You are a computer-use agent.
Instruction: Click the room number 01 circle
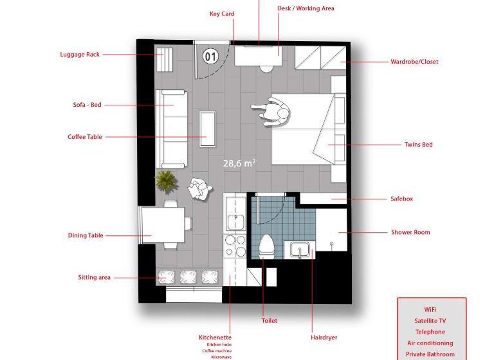pos(210,57)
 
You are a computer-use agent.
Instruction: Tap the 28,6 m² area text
pos(239,163)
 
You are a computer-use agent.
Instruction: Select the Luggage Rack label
pos(80,54)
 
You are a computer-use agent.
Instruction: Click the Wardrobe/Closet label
pos(414,62)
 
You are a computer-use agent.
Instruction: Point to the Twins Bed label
pos(418,145)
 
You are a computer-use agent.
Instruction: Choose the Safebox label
pos(401,199)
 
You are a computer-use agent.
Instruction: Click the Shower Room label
pos(410,232)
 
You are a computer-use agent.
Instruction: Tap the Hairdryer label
pos(324,337)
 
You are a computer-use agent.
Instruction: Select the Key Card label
pos(222,14)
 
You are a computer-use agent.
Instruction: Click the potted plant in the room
pos(166,181)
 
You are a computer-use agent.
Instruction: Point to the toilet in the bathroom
pos(266,246)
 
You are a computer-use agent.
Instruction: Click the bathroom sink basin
pos(300,250)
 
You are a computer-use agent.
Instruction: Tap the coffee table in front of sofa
pos(207,129)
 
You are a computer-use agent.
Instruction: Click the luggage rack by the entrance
pos(165,60)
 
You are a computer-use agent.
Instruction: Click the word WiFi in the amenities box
pos(430,310)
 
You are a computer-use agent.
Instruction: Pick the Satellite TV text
pos(430,321)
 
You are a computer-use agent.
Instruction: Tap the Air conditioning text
pos(430,343)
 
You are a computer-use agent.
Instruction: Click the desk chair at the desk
pos(266,69)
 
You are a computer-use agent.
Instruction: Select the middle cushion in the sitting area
pos(188,277)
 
